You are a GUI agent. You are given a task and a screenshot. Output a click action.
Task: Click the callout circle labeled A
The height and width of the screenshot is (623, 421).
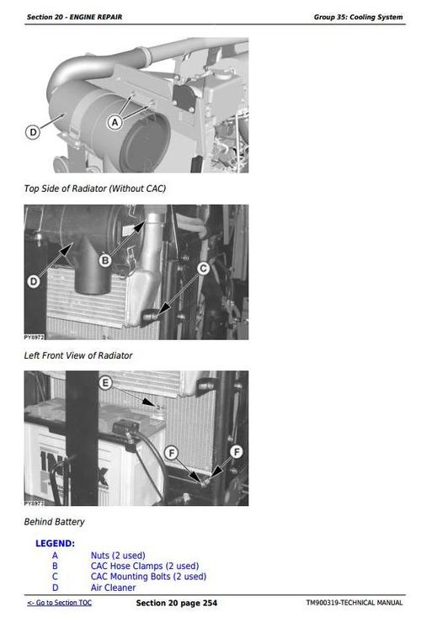115,122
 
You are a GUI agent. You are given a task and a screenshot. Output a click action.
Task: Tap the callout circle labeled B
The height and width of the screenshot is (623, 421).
106,261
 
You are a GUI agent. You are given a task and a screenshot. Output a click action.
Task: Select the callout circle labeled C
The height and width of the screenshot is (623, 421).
203,269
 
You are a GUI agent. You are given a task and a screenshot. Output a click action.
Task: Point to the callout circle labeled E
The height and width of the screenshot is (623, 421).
105,383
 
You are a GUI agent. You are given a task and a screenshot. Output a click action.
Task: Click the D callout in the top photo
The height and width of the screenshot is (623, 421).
33,132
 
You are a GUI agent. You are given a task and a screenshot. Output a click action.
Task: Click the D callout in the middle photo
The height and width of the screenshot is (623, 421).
33,280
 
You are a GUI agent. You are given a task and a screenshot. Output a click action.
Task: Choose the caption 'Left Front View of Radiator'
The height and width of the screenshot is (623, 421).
77,355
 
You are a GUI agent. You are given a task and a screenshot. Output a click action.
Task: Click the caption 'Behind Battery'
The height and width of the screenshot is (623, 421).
54,522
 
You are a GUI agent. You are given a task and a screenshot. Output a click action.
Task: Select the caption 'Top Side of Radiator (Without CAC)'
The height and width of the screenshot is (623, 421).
94,188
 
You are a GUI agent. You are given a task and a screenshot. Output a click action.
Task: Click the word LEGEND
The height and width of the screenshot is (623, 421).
55,544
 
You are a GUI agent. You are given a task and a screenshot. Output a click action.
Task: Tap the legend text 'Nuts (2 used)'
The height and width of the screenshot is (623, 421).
118,556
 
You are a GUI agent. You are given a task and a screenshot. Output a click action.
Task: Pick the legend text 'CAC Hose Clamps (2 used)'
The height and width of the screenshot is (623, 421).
145,566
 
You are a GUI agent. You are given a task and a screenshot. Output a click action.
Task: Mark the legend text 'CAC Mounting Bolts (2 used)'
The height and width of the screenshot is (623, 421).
148,577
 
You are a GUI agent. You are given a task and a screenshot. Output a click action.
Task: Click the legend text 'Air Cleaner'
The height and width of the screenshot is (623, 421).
113,588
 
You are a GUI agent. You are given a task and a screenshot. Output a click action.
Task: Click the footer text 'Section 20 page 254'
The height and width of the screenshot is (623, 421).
176,604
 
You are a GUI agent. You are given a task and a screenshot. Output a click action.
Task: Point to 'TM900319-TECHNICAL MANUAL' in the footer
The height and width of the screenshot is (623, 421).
354,604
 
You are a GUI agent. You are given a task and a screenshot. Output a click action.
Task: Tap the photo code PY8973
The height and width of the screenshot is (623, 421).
34,503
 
